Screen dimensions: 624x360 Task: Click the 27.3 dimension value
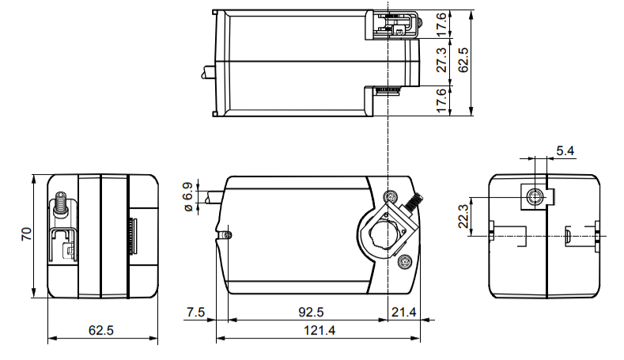442,60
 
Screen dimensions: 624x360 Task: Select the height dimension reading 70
26,233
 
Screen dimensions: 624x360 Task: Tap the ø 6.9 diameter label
188,197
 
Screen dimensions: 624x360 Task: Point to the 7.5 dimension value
195,312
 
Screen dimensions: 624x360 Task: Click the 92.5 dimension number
311,312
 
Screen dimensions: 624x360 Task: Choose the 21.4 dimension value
403,312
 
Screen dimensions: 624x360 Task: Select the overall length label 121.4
320,330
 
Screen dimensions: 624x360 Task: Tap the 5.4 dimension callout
565,151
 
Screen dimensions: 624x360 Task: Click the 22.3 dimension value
463,217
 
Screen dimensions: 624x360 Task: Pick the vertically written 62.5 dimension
463,60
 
